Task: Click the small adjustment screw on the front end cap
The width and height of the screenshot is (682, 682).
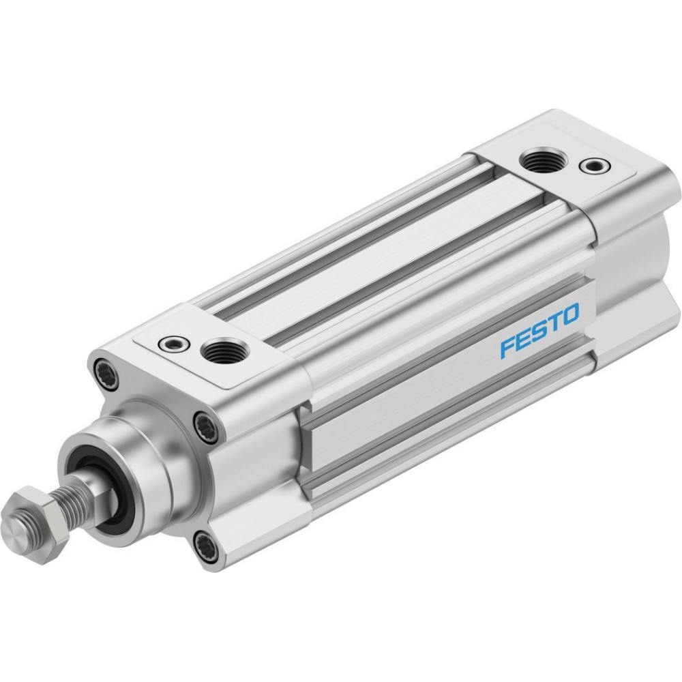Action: click(x=174, y=344)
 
